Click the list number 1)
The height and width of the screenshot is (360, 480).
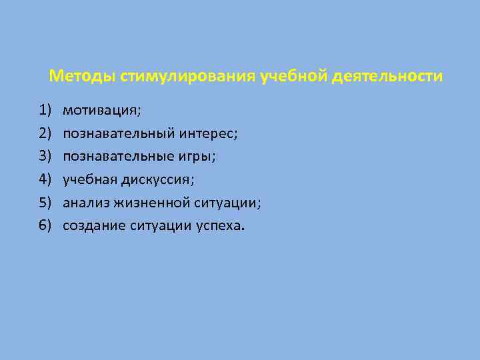(45, 110)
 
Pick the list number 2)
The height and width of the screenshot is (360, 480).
(45, 133)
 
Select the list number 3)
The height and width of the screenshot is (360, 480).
(45, 156)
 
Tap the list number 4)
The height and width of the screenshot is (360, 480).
(45, 179)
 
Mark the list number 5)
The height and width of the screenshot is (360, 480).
(45, 203)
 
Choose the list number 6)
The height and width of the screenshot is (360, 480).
(45, 225)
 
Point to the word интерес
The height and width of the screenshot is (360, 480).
(207, 133)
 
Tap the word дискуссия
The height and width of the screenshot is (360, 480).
(163, 179)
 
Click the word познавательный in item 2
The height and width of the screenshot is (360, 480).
(118, 133)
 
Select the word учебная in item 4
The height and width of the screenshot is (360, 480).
(89, 179)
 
